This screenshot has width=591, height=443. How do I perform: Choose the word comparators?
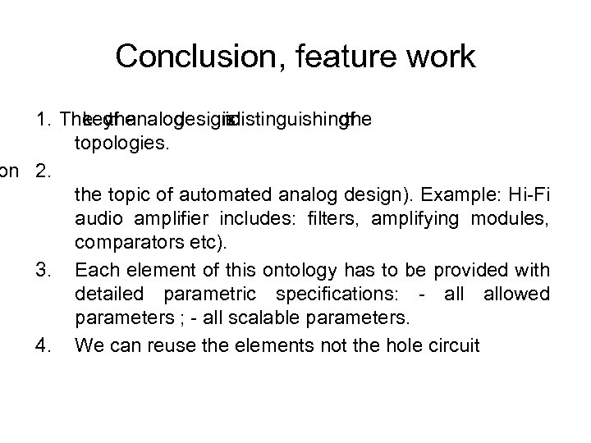[121, 245]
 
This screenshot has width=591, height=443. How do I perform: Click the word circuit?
[454, 345]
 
